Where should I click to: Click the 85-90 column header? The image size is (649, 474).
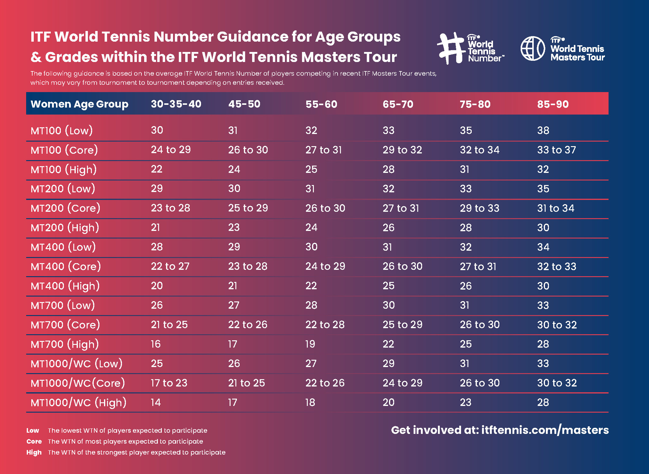(553, 104)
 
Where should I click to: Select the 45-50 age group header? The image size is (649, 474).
(244, 104)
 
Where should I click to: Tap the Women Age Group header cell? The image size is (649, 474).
(79, 104)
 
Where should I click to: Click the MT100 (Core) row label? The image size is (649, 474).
(64, 150)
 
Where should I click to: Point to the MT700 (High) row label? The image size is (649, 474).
(65, 344)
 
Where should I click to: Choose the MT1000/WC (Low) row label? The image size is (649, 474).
(76, 364)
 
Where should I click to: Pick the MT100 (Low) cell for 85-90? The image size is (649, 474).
(543, 131)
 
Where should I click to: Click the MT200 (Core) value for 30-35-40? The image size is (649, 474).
(170, 208)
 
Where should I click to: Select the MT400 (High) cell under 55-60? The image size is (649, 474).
(311, 286)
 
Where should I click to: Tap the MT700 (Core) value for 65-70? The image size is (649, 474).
(402, 325)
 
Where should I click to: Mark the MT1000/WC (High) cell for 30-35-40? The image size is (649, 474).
(156, 403)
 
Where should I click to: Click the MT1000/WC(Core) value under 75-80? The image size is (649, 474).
(480, 383)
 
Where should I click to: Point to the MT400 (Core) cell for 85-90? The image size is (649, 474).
(557, 266)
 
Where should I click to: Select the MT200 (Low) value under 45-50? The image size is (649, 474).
(234, 189)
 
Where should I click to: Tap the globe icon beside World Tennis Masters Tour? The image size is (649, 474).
(533, 49)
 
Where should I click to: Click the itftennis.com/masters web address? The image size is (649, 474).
(545, 430)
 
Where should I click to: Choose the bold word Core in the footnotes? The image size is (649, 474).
(34, 441)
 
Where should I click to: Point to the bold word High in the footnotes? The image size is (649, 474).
(34, 452)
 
